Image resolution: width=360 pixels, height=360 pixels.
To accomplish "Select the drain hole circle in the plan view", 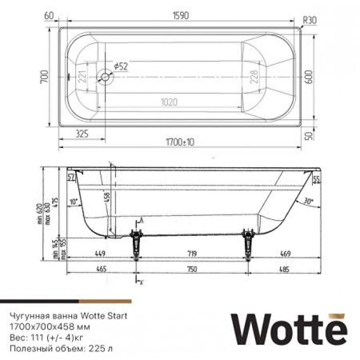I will pyautogui.click(x=104, y=78).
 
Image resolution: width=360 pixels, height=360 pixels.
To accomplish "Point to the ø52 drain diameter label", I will pyautogui.click(x=121, y=67).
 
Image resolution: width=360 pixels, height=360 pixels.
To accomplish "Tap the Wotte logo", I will pyautogui.click(x=289, y=327).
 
